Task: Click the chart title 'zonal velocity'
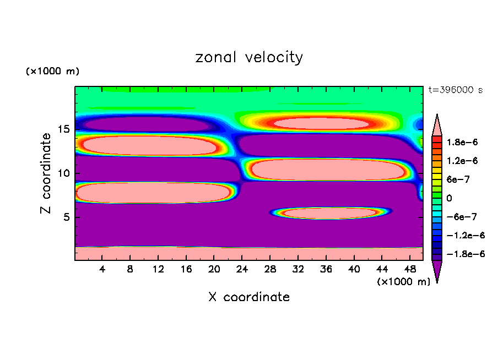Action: coord(249,57)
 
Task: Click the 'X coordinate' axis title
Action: coord(249,297)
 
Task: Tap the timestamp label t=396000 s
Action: coord(455,90)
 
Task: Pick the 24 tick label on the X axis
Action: coord(242,269)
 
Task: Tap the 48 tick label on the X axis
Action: coord(410,269)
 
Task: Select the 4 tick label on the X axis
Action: coord(102,269)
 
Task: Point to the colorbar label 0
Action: coord(449,198)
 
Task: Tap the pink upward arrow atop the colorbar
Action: coord(437,124)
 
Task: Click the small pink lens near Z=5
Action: coord(329,212)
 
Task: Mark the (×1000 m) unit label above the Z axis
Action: coord(53,72)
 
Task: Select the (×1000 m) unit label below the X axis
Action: coord(403,282)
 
